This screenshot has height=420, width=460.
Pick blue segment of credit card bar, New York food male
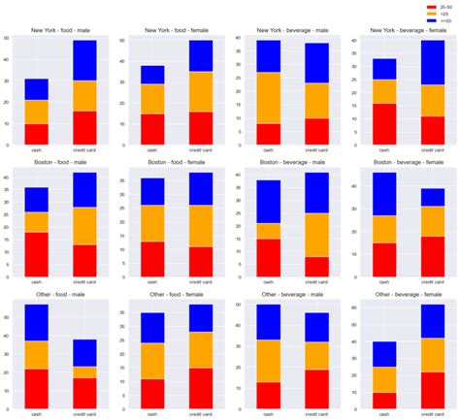[85, 60]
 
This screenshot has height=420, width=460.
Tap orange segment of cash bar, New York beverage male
[268, 97]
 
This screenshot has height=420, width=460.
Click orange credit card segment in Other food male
[85, 372]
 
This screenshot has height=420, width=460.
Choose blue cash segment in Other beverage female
[385, 354]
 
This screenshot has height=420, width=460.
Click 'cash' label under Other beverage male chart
[268, 415]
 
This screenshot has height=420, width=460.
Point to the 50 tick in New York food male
[9, 39]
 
